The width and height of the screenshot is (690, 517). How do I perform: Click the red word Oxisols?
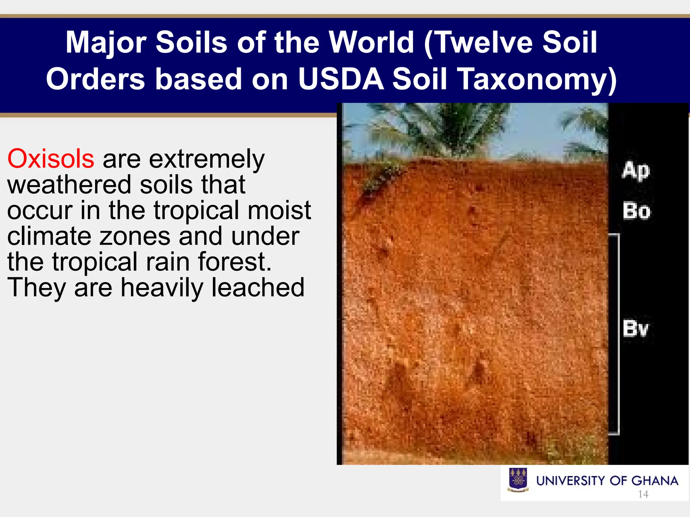(51, 159)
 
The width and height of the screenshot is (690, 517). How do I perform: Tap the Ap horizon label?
(635, 171)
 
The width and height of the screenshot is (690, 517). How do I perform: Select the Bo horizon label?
(636, 211)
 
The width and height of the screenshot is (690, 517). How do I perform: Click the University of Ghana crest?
(518, 480)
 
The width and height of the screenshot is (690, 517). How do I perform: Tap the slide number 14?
(643, 494)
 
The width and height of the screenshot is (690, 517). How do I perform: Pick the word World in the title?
(371, 42)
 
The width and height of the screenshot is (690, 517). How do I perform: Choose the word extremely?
(207, 159)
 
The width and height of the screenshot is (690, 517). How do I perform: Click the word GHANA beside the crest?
(655, 481)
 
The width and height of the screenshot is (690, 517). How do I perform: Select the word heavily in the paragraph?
(162, 288)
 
